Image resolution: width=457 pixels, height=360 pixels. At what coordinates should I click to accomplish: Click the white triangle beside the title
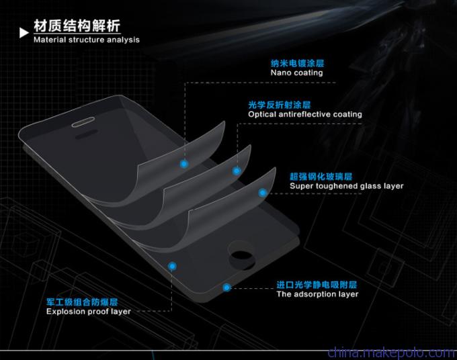pos(24,33)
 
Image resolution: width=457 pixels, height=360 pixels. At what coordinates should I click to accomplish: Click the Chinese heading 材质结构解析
pos(77,26)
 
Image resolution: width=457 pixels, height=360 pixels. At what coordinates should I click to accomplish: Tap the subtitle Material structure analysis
pos(87,40)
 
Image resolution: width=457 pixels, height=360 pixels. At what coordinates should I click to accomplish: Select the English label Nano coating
pos(296,73)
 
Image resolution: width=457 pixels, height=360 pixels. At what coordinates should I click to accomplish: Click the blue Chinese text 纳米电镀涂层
pos(297,63)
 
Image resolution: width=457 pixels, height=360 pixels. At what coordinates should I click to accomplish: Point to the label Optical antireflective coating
pos(305,114)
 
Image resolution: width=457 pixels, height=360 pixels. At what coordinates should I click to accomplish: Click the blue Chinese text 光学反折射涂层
pos(279,105)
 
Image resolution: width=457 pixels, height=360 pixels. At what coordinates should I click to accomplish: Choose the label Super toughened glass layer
pos(347,186)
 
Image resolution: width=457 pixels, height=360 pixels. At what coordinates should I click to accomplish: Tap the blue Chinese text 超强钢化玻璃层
pos(321,177)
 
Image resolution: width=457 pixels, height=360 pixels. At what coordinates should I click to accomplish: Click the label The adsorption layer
pos(317,294)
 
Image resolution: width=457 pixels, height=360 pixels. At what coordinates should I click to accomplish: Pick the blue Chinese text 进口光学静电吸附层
pos(317,285)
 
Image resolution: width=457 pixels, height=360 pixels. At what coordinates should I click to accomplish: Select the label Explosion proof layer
pos(89,312)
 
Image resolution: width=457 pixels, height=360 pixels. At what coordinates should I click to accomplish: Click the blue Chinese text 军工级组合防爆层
pos(82,302)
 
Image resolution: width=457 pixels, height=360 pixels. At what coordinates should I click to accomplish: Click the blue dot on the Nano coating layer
pos(183,164)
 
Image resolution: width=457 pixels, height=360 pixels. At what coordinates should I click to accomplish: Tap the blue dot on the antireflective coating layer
pos(237,171)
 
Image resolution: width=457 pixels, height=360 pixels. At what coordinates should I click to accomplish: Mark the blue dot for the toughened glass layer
pos(263,193)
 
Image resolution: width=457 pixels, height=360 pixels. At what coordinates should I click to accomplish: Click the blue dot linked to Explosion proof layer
pos(172,266)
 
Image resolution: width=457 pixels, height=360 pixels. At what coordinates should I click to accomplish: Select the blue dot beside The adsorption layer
pos(226,287)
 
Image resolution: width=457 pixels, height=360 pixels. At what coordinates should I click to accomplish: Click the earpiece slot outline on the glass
pos(83,122)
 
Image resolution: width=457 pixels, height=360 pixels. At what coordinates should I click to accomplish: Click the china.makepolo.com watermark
pos(392,353)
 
